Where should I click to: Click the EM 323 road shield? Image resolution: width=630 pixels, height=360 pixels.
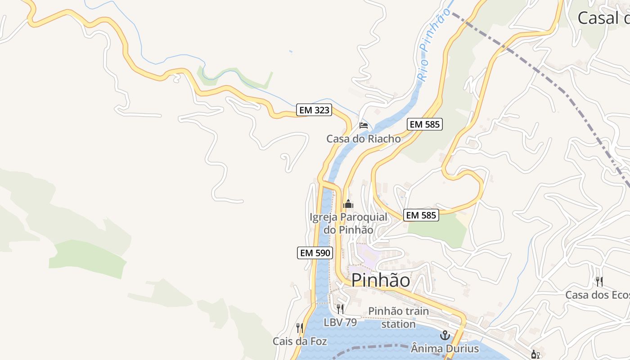(x=314, y=110)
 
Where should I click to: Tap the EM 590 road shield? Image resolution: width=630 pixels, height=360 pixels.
(x=315, y=253)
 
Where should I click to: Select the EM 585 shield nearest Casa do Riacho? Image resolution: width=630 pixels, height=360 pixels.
(x=425, y=124)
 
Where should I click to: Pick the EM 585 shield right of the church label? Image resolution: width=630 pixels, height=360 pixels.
(x=421, y=215)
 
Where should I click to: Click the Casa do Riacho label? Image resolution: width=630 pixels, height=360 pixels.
(x=364, y=139)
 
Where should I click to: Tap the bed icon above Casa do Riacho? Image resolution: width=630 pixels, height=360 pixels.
(x=364, y=125)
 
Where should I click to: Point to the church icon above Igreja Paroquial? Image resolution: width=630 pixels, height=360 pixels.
(x=348, y=204)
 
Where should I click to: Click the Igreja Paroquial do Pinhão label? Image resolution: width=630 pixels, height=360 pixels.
(x=348, y=223)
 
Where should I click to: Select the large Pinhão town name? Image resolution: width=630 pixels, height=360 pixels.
(x=380, y=280)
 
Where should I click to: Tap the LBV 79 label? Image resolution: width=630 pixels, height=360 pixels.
(x=340, y=322)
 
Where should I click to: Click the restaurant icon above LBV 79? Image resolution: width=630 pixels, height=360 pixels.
(x=340, y=309)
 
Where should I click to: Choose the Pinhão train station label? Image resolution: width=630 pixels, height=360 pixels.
(x=398, y=317)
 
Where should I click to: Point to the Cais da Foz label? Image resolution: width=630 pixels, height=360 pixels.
(x=300, y=341)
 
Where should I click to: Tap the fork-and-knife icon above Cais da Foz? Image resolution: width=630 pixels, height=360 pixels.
(x=300, y=328)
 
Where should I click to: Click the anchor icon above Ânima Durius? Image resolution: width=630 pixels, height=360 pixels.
(x=445, y=335)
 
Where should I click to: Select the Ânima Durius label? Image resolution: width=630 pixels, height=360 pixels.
(x=445, y=348)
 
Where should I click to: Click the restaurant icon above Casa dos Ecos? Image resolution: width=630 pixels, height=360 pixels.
(x=599, y=282)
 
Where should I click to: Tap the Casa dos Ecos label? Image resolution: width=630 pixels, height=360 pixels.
(x=598, y=295)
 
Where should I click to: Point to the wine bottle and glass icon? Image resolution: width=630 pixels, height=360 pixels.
(x=535, y=355)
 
